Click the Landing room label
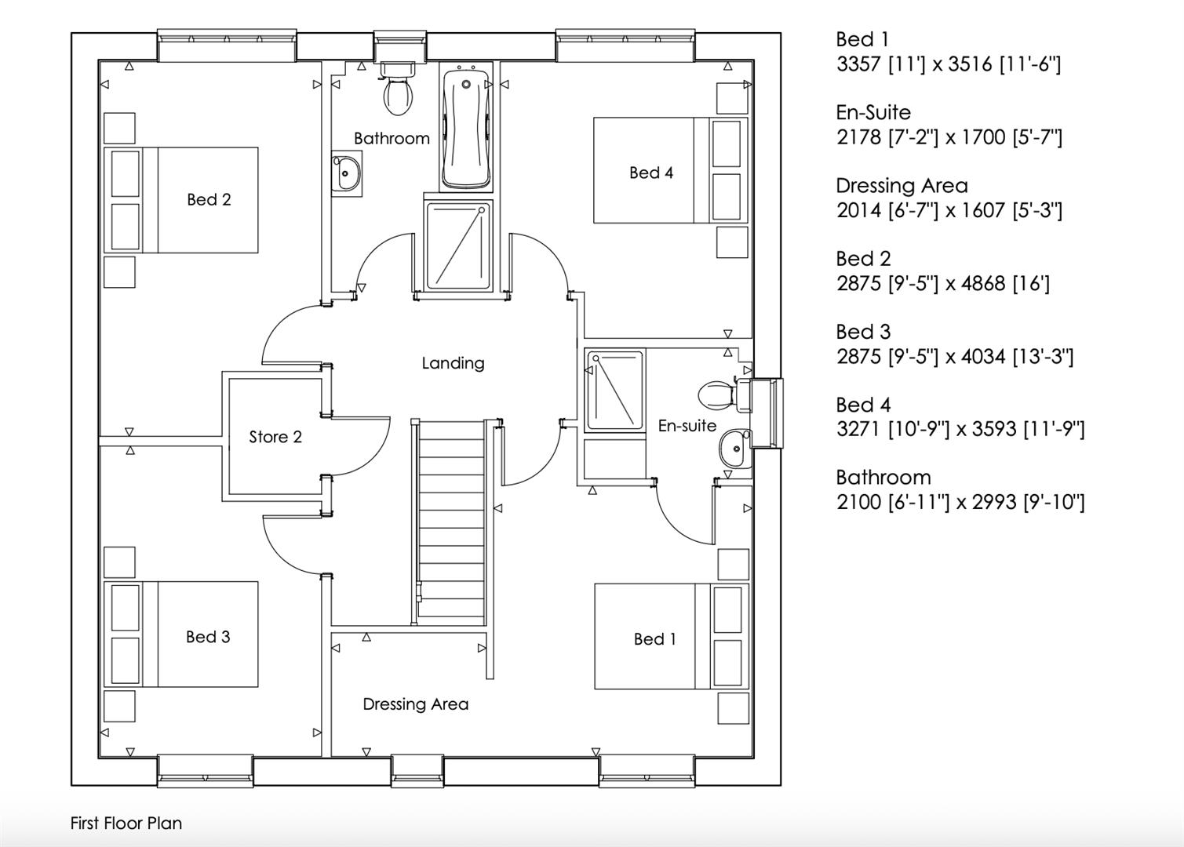(x=453, y=363)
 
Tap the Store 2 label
(x=275, y=437)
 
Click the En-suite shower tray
(x=614, y=390)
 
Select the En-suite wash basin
(x=734, y=449)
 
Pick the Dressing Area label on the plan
(x=415, y=704)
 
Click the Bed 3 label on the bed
(x=208, y=637)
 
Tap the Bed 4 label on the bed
(x=651, y=173)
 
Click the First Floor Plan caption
(x=126, y=823)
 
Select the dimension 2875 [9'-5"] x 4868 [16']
(x=942, y=283)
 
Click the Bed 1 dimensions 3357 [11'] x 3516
(x=948, y=64)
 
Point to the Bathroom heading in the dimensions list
(x=883, y=477)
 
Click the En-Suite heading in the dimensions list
(x=873, y=112)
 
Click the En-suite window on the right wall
(x=767, y=413)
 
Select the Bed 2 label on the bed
(x=209, y=199)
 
